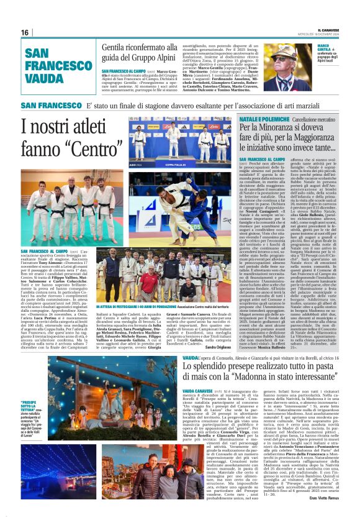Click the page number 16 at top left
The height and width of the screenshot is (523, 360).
click(x=24, y=32)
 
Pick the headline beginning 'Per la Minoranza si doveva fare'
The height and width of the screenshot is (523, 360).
click(x=289, y=139)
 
